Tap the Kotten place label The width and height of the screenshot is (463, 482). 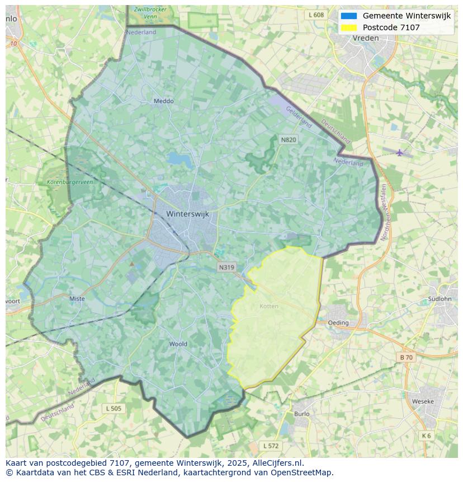pos(269,306)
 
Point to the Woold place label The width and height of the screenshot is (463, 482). pos(178,344)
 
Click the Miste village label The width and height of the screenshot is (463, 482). pos(77,299)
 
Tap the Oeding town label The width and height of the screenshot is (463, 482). pos(338,322)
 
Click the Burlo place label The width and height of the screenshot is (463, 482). pos(301,414)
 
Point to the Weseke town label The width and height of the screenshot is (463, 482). pos(422,401)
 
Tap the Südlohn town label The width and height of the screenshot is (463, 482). pos(439,298)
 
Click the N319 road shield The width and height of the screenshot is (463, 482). pos(226,268)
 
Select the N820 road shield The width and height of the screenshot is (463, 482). pos(288,139)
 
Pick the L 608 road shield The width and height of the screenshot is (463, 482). pos(316,15)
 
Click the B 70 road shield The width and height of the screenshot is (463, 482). pos(406,357)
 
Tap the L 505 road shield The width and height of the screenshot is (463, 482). pos(113,409)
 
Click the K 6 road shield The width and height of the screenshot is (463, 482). pos(426,436)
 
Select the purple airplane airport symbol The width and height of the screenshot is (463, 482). pos(399,152)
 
